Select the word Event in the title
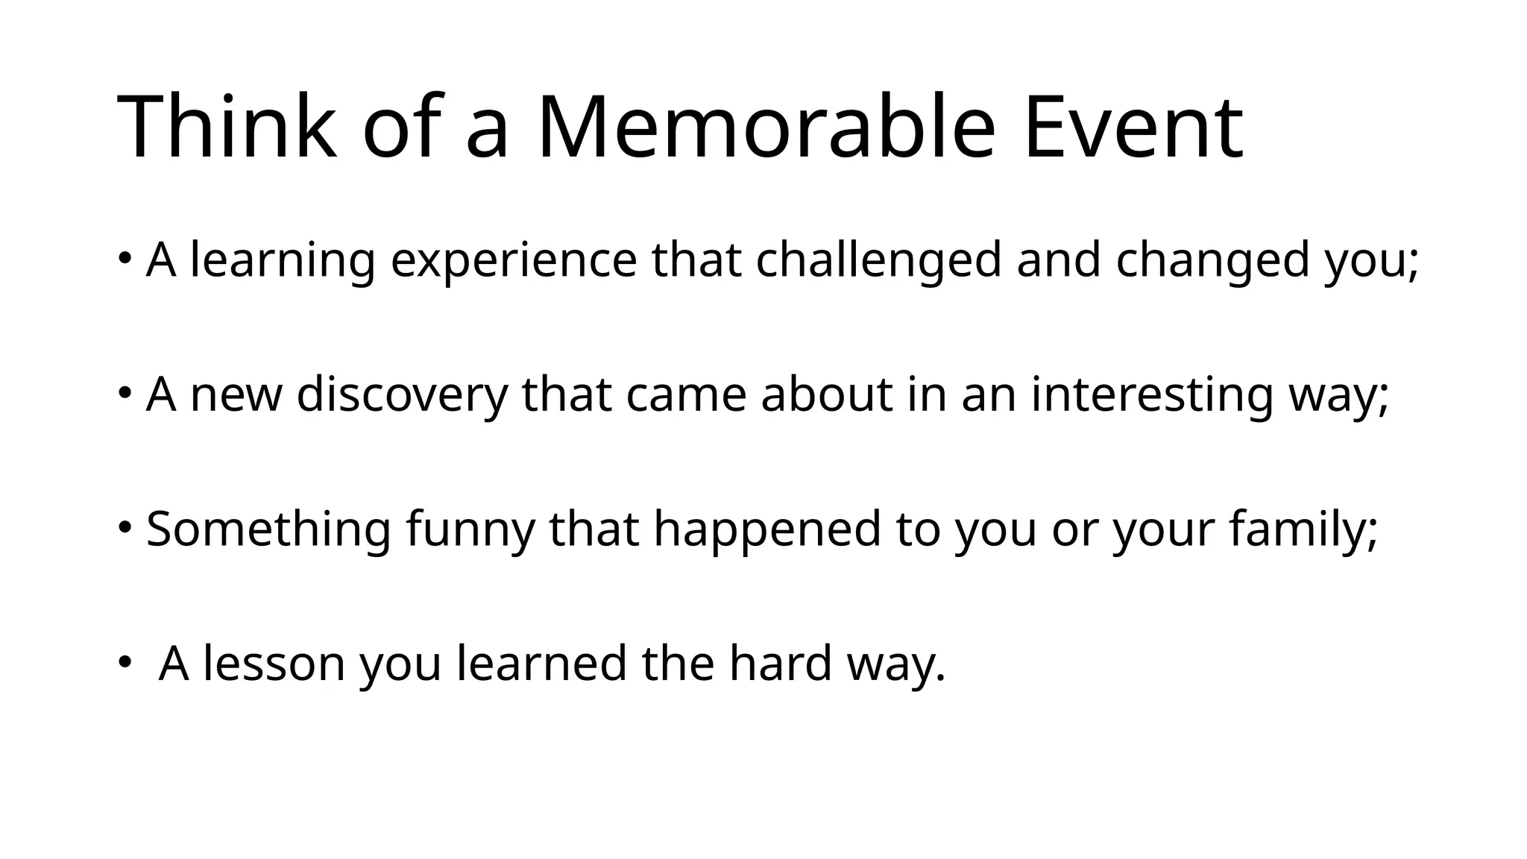tap(1133, 127)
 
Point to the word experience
tap(514, 261)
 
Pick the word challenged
tap(878, 261)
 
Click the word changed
tap(1212, 261)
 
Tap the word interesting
tap(1152, 394)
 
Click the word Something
tap(268, 529)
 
